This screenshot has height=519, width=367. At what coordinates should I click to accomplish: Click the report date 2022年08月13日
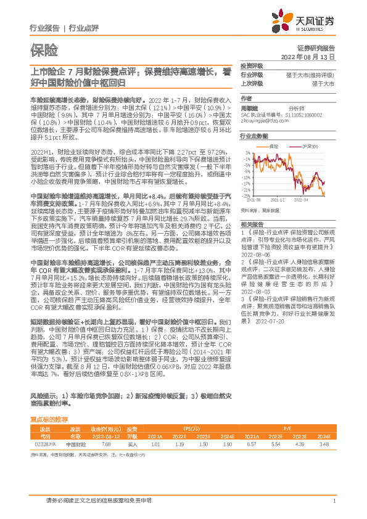tap(312, 56)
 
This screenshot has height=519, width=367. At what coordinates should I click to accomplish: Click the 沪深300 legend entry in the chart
tap(295, 146)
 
